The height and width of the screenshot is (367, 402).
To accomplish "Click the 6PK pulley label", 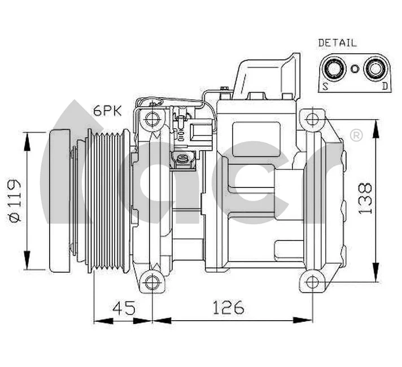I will (107, 111).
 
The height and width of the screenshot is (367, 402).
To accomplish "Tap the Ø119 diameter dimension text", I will (15, 200).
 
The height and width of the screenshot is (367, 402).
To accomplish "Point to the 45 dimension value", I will (124, 308).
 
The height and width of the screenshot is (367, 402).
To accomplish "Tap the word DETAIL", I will (337, 43).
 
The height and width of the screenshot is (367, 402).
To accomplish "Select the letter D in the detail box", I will (384, 85).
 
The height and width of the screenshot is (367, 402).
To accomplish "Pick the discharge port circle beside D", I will (374, 69).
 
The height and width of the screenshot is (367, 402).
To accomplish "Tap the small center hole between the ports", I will (354, 69).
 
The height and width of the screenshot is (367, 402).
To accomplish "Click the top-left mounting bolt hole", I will (151, 119).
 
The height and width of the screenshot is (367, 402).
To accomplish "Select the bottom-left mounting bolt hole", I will (151, 282).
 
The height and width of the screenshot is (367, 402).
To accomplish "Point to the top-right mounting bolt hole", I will (312, 120).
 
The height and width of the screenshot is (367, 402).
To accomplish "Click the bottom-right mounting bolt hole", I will (312, 282).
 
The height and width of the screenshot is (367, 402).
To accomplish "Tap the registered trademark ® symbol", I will (356, 136).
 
